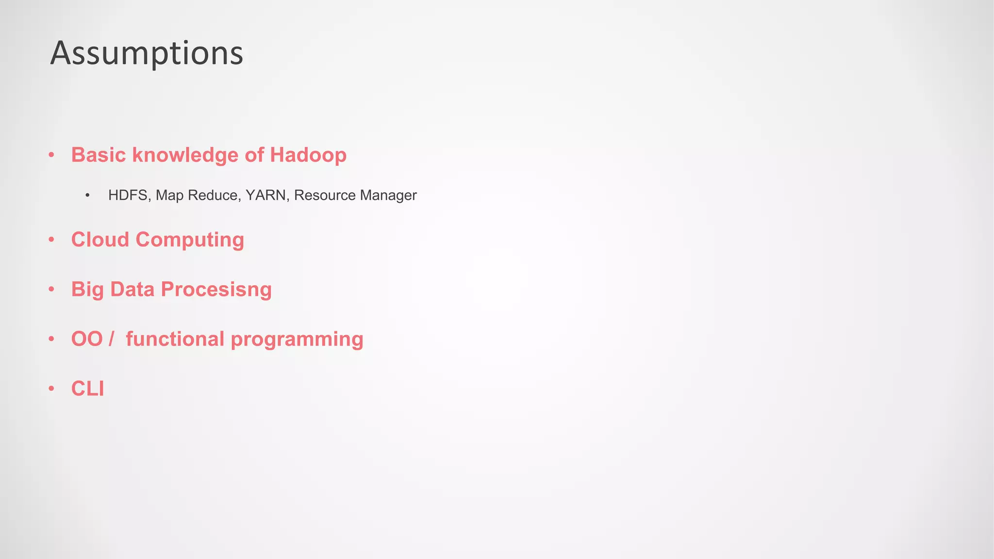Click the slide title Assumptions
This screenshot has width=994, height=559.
coord(147,53)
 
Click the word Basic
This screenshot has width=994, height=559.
coord(99,155)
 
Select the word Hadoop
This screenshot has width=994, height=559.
coord(308,155)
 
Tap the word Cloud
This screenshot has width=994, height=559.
coord(100,240)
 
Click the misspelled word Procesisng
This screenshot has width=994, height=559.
coord(216,290)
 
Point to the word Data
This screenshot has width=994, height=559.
coord(132,289)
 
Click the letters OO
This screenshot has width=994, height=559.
coord(87,339)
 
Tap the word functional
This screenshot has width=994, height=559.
coord(175,339)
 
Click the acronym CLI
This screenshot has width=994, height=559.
coord(87,389)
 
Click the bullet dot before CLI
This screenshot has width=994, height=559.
coord(51,389)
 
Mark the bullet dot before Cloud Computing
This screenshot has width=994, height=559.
coord(51,240)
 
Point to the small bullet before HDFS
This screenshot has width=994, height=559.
coord(87,196)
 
